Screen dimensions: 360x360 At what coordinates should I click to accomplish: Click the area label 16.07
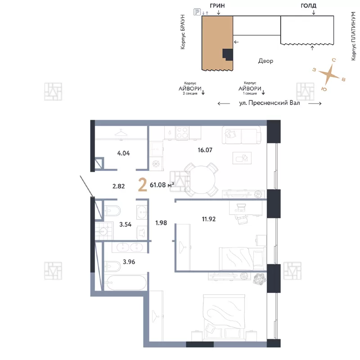click(x=205, y=150)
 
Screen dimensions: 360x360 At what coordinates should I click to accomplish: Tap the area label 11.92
click(x=209, y=219)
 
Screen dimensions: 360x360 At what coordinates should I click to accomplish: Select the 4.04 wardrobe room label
click(x=123, y=153)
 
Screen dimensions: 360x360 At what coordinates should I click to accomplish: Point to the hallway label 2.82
click(x=118, y=186)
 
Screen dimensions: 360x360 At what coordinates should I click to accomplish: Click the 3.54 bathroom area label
click(x=126, y=224)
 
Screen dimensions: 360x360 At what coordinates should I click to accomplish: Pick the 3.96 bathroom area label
click(x=129, y=262)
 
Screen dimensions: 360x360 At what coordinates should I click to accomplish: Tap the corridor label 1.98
click(x=161, y=223)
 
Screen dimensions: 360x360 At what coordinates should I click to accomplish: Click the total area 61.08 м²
click(x=162, y=185)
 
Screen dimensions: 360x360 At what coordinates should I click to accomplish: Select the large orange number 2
click(x=143, y=185)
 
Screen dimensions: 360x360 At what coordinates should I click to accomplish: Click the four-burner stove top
click(x=183, y=133)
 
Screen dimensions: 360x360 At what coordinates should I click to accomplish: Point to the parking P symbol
click(x=197, y=12)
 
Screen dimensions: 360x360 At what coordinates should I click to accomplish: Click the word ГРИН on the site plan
click(x=217, y=6)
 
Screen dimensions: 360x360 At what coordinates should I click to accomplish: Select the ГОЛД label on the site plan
click(x=309, y=5)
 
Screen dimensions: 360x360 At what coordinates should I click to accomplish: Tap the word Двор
click(x=265, y=61)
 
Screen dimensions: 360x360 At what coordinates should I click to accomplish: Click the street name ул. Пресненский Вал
click(x=270, y=103)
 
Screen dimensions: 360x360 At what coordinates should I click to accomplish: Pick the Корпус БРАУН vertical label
click(x=183, y=32)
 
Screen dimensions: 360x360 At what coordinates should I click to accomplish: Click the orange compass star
click(x=329, y=74)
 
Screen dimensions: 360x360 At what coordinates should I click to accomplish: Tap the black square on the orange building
click(x=227, y=54)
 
